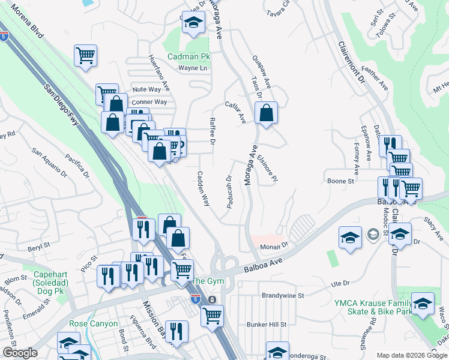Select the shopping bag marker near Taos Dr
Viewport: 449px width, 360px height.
point(266,113)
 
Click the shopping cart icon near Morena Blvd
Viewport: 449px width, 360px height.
point(86,55)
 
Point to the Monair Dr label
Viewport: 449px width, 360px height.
point(275,246)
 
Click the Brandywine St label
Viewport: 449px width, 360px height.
point(283,295)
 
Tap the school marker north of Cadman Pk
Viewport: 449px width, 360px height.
point(193,23)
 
